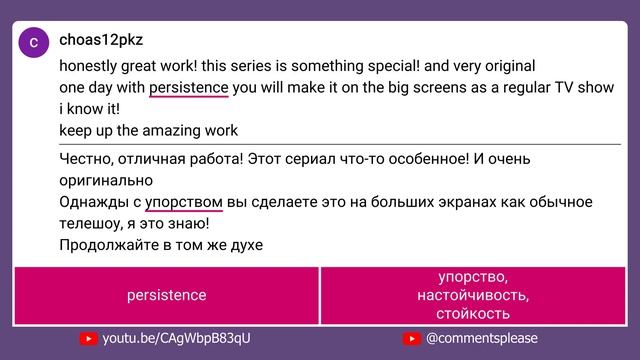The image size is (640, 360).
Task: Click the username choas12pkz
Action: (x=101, y=41)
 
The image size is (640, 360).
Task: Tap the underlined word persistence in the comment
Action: (x=189, y=87)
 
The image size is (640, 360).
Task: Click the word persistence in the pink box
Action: (x=166, y=295)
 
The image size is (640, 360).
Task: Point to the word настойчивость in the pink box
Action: (x=475, y=296)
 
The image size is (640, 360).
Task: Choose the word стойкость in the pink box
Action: (x=475, y=314)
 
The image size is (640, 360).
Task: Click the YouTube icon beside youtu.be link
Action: (x=88, y=339)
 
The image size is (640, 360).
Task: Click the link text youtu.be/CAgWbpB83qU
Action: (x=176, y=339)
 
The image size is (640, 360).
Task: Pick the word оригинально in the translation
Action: (x=106, y=180)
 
